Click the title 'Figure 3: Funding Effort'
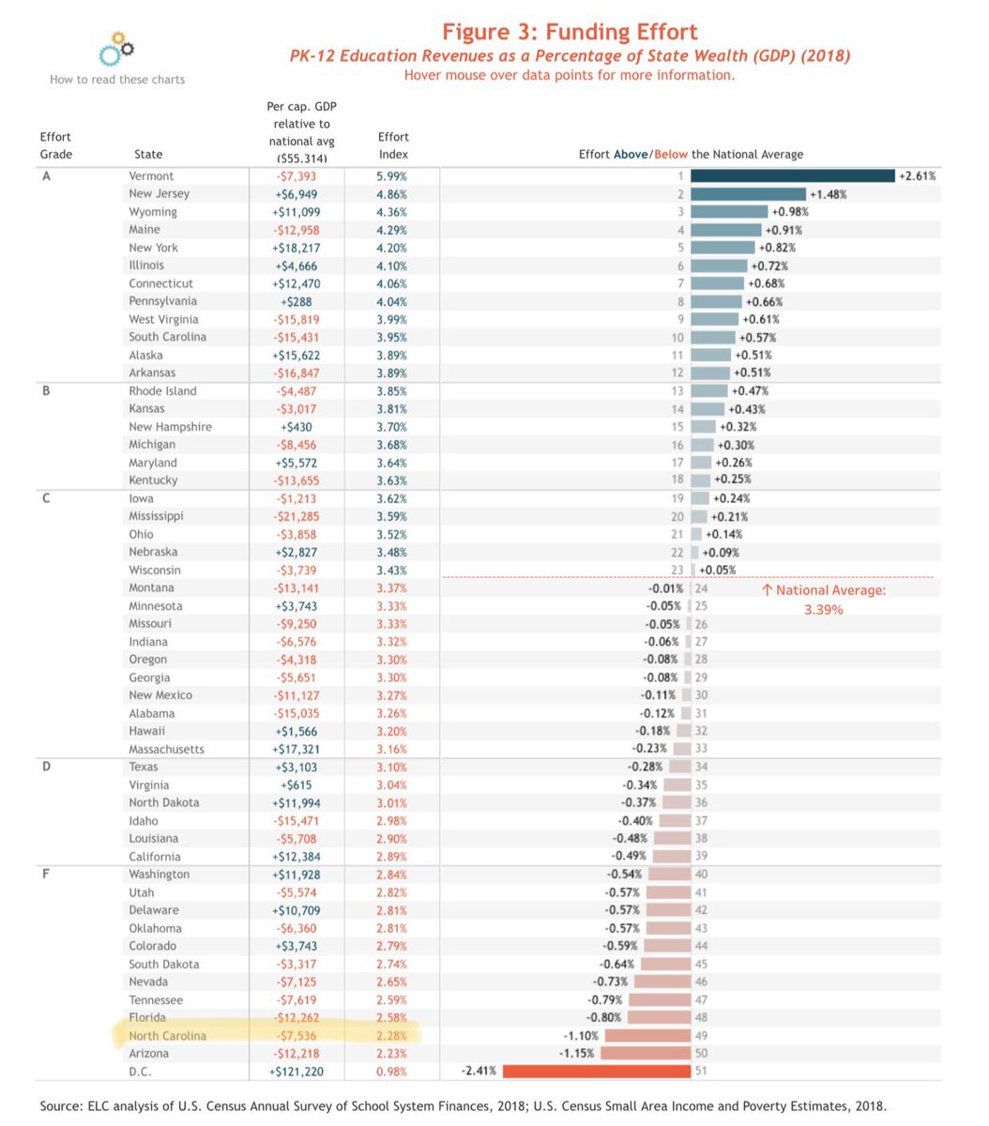coord(570,33)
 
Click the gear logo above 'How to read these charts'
coord(117,49)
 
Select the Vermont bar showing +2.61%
coord(792,176)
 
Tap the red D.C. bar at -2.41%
coord(596,1072)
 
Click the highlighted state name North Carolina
coord(167,1036)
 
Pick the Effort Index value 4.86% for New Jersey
coord(392,194)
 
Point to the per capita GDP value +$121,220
coord(296,1072)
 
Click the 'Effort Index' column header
coord(392,145)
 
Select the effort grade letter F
coord(46,875)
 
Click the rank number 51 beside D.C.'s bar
coord(701,1072)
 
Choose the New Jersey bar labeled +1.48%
coord(747,194)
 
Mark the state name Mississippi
coord(156,516)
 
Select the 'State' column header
coord(148,155)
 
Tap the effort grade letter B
coord(46,391)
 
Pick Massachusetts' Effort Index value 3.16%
coord(392,750)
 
